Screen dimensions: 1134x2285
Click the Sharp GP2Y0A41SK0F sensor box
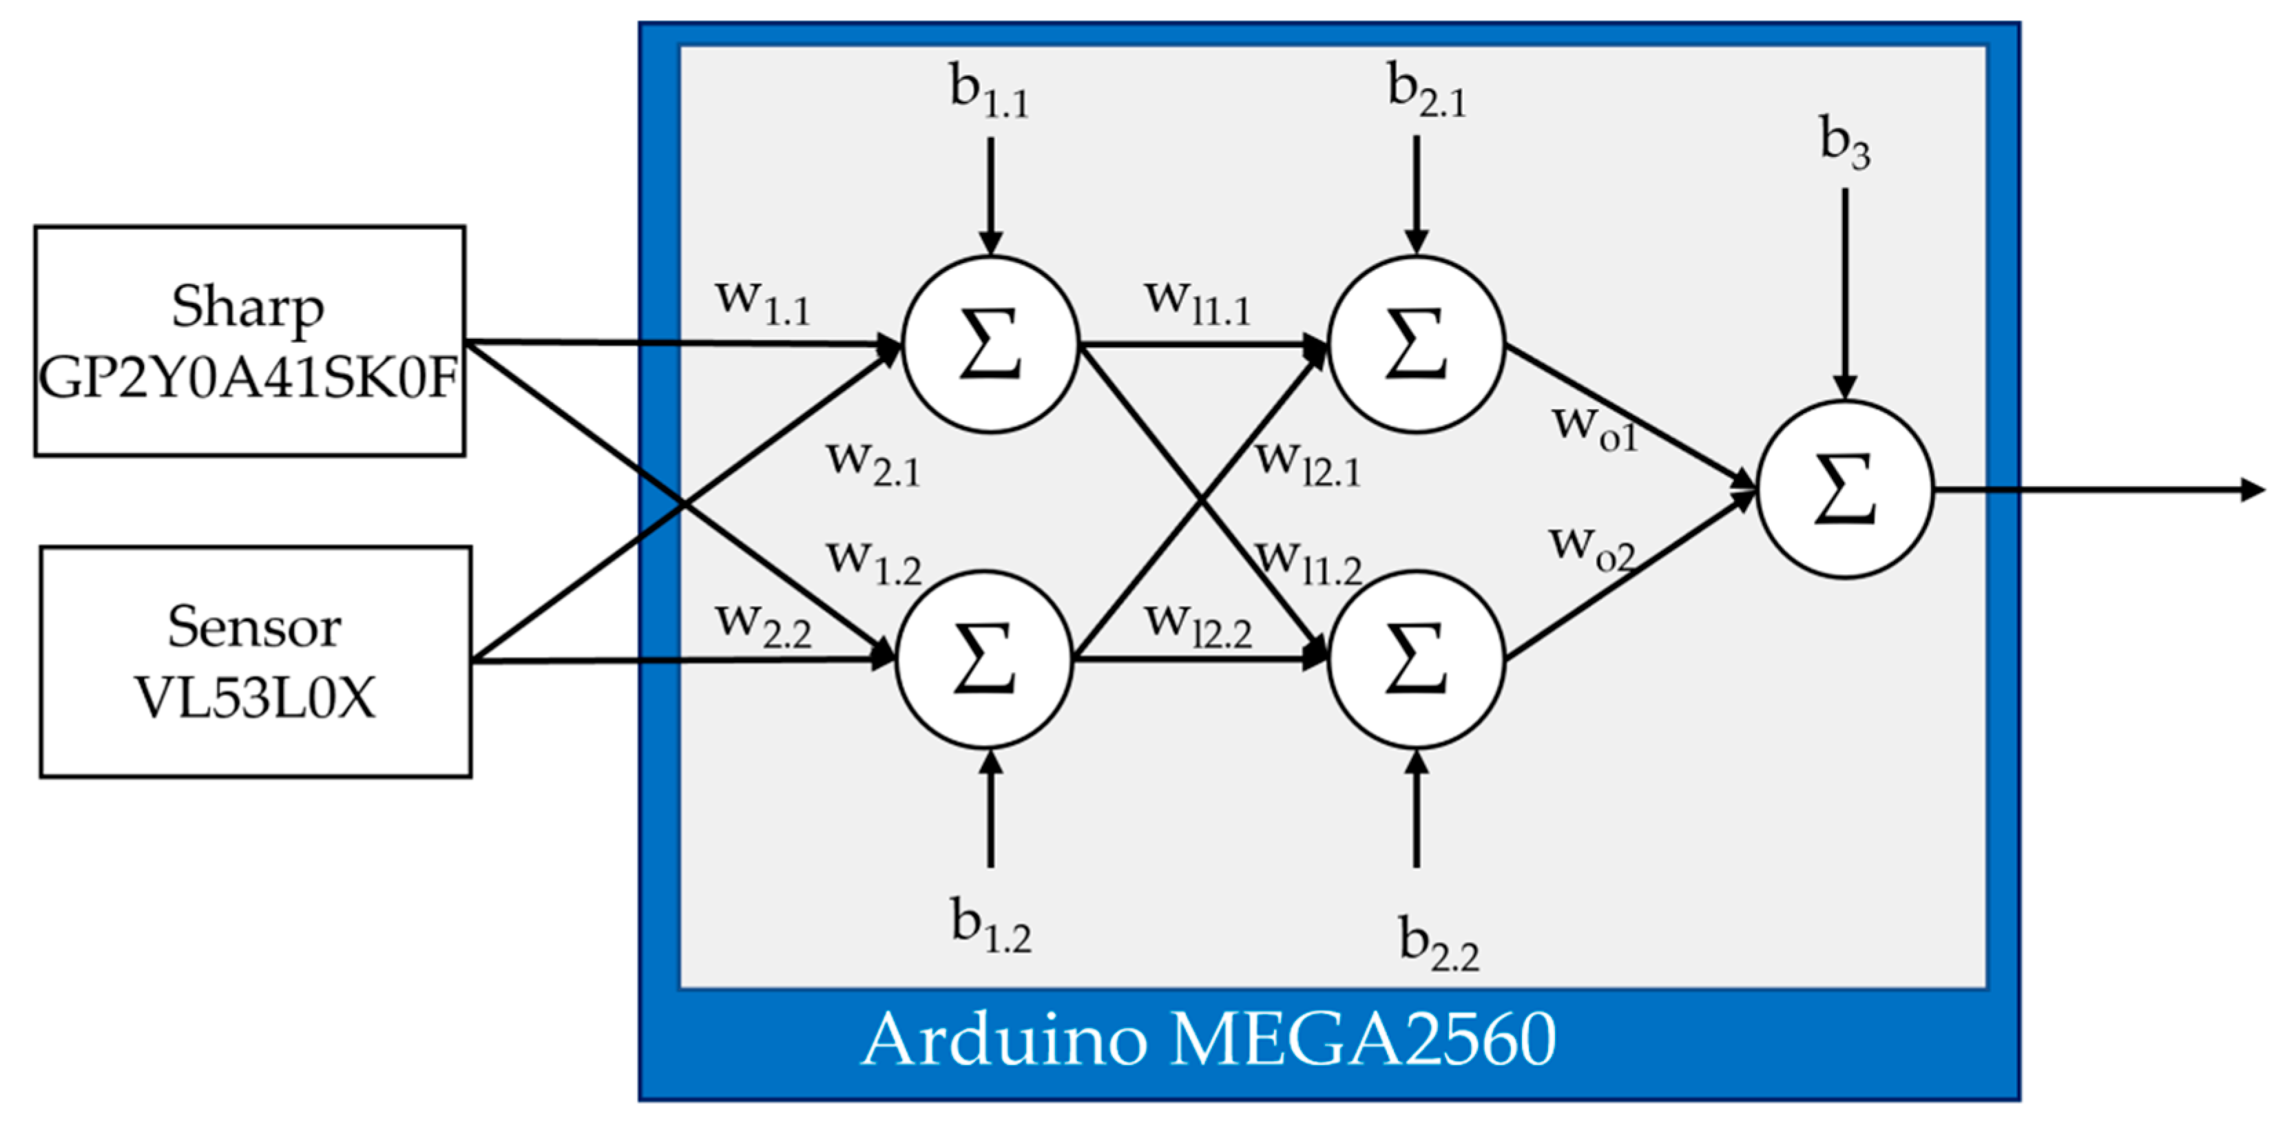click(x=249, y=342)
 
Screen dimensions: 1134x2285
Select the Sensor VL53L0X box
click(x=255, y=662)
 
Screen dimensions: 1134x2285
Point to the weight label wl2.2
click(x=1198, y=625)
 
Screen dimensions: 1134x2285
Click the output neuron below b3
click(x=1844, y=490)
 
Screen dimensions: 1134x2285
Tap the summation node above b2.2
click(x=1416, y=660)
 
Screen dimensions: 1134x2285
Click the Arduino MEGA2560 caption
click(x=1208, y=1039)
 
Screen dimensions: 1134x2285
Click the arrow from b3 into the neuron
click(x=1845, y=293)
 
